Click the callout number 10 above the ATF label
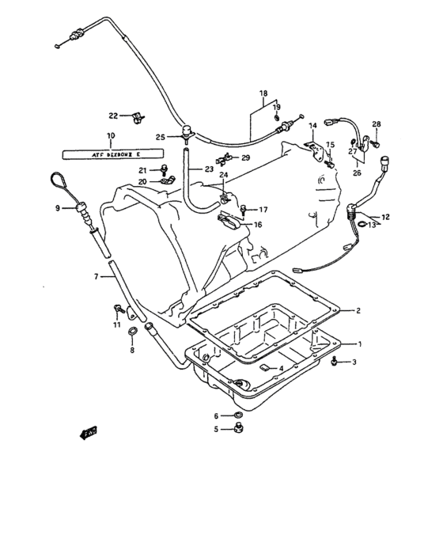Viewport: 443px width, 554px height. click(110, 135)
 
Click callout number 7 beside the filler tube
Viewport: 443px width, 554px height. click(97, 276)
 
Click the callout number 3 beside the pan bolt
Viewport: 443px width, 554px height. click(354, 362)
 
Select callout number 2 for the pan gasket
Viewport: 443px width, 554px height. click(358, 310)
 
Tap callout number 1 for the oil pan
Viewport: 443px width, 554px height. click(360, 343)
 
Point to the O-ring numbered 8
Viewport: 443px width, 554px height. click(134, 331)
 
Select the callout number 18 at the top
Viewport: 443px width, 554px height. click(263, 93)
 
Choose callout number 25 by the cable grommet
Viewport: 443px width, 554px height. click(160, 137)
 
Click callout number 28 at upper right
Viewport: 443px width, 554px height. click(377, 124)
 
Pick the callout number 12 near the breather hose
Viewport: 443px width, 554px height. click(385, 216)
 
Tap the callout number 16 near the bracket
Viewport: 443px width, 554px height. click(258, 225)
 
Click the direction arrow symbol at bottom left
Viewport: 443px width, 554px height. click(84, 433)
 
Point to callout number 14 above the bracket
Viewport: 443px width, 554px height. click(312, 125)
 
